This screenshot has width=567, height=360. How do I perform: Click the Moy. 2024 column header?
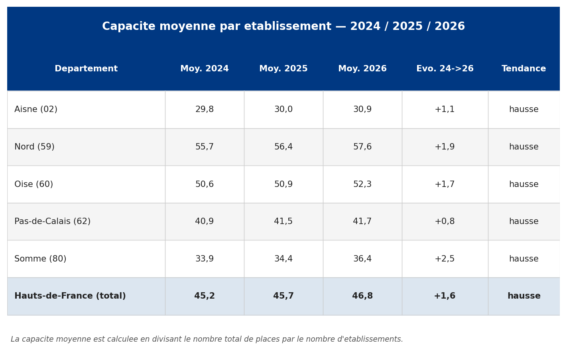(x=204, y=69)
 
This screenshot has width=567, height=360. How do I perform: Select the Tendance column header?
(x=524, y=69)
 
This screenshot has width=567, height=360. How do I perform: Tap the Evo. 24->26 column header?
(x=445, y=69)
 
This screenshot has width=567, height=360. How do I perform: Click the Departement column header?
(x=86, y=69)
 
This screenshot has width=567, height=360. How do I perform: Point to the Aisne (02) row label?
(x=36, y=109)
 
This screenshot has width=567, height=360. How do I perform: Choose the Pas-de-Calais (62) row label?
(x=52, y=221)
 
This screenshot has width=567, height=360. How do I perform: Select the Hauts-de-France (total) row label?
(x=70, y=296)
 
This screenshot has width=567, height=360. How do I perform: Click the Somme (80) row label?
(x=40, y=259)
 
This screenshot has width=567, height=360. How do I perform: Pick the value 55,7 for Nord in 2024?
(x=204, y=147)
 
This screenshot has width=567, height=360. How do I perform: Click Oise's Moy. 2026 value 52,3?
(x=362, y=184)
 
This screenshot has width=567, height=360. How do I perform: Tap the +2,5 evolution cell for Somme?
(x=445, y=259)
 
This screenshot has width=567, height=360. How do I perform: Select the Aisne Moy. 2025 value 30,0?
(x=283, y=109)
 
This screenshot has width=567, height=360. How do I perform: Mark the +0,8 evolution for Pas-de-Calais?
(x=445, y=221)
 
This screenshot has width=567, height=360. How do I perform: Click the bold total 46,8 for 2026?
(x=362, y=296)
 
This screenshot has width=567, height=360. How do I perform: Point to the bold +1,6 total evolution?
(x=445, y=296)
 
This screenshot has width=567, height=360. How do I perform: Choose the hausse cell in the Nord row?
(x=524, y=147)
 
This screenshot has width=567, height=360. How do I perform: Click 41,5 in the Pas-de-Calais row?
(x=283, y=221)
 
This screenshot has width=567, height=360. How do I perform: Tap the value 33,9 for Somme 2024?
(x=204, y=259)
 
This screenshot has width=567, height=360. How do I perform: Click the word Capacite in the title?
(x=128, y=26)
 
